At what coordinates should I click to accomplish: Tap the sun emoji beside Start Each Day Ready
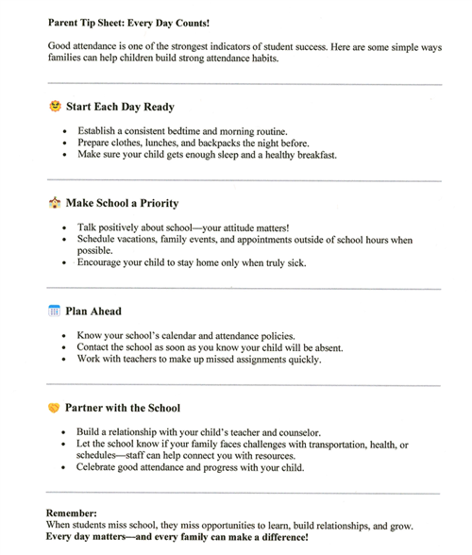[54, 107]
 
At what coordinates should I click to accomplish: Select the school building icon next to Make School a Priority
[54, 202]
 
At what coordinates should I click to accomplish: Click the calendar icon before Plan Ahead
[54, 311]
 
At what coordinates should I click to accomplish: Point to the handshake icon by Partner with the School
[54, 408]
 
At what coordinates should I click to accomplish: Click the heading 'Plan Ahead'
[93, 311]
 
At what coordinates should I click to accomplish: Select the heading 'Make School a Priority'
[122, 203]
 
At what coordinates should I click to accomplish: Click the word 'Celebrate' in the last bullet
[100, 468]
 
